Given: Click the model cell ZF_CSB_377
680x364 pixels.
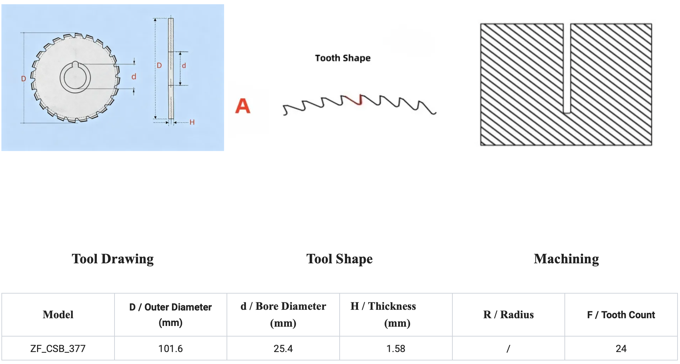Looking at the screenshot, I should point(58,349).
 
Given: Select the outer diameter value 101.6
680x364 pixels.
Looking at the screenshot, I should point(171,349).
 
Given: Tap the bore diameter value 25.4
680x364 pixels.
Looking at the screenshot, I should point(283,349).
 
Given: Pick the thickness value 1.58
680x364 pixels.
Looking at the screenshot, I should point(396,349).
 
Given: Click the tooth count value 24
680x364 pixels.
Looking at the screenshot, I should point(621,349).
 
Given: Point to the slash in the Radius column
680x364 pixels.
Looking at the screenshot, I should point(508,349).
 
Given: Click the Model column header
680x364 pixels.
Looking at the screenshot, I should point(58,314).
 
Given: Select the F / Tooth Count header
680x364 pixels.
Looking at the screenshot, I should point(621,314).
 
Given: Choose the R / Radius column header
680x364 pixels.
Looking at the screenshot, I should point(508,314).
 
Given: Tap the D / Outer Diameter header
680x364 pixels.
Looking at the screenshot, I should point(171,314).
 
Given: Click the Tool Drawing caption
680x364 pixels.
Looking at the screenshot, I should point(113,259).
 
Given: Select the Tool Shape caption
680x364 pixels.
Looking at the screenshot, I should point(339,259).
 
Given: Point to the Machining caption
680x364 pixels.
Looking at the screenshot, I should point(566,259).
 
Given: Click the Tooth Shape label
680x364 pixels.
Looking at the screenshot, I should point(342,58).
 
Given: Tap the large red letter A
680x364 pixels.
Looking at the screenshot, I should point(243,106).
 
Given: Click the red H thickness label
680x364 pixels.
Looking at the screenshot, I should point(192,122).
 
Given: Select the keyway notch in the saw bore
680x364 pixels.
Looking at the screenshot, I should point(75,64).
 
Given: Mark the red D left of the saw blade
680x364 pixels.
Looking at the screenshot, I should point(24,79).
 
